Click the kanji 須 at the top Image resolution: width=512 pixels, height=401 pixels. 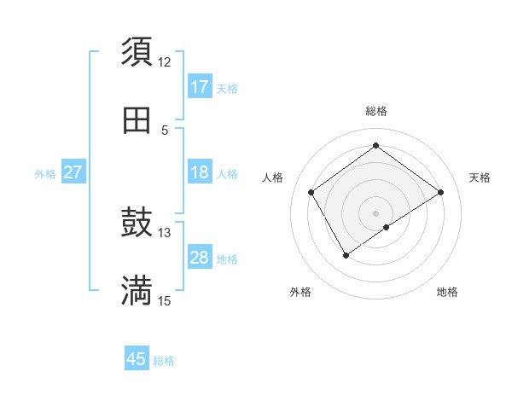137,51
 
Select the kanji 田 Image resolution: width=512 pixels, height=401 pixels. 137,120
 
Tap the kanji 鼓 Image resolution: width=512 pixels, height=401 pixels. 137,224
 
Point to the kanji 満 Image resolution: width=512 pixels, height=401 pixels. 137,291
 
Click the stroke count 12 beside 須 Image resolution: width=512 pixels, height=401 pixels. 165,62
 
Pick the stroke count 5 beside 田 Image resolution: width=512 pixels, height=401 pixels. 165,131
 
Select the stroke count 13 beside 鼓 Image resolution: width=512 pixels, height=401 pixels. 165,233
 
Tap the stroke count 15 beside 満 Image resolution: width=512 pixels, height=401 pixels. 165,301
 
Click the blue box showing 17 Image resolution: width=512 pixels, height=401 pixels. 200,86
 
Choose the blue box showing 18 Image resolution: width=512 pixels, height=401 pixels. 200,172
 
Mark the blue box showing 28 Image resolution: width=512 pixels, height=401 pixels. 200,258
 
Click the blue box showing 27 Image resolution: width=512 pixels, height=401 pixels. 73,172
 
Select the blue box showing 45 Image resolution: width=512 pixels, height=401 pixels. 137,359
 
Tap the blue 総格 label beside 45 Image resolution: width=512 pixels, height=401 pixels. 164,361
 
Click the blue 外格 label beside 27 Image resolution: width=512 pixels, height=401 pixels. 45,174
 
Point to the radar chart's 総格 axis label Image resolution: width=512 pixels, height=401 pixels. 375,111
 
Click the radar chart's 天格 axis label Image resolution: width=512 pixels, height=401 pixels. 480,177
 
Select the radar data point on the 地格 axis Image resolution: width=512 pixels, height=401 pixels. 387,227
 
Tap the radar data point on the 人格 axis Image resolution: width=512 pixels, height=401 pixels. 311,192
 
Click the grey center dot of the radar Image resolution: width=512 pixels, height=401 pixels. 375,212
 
